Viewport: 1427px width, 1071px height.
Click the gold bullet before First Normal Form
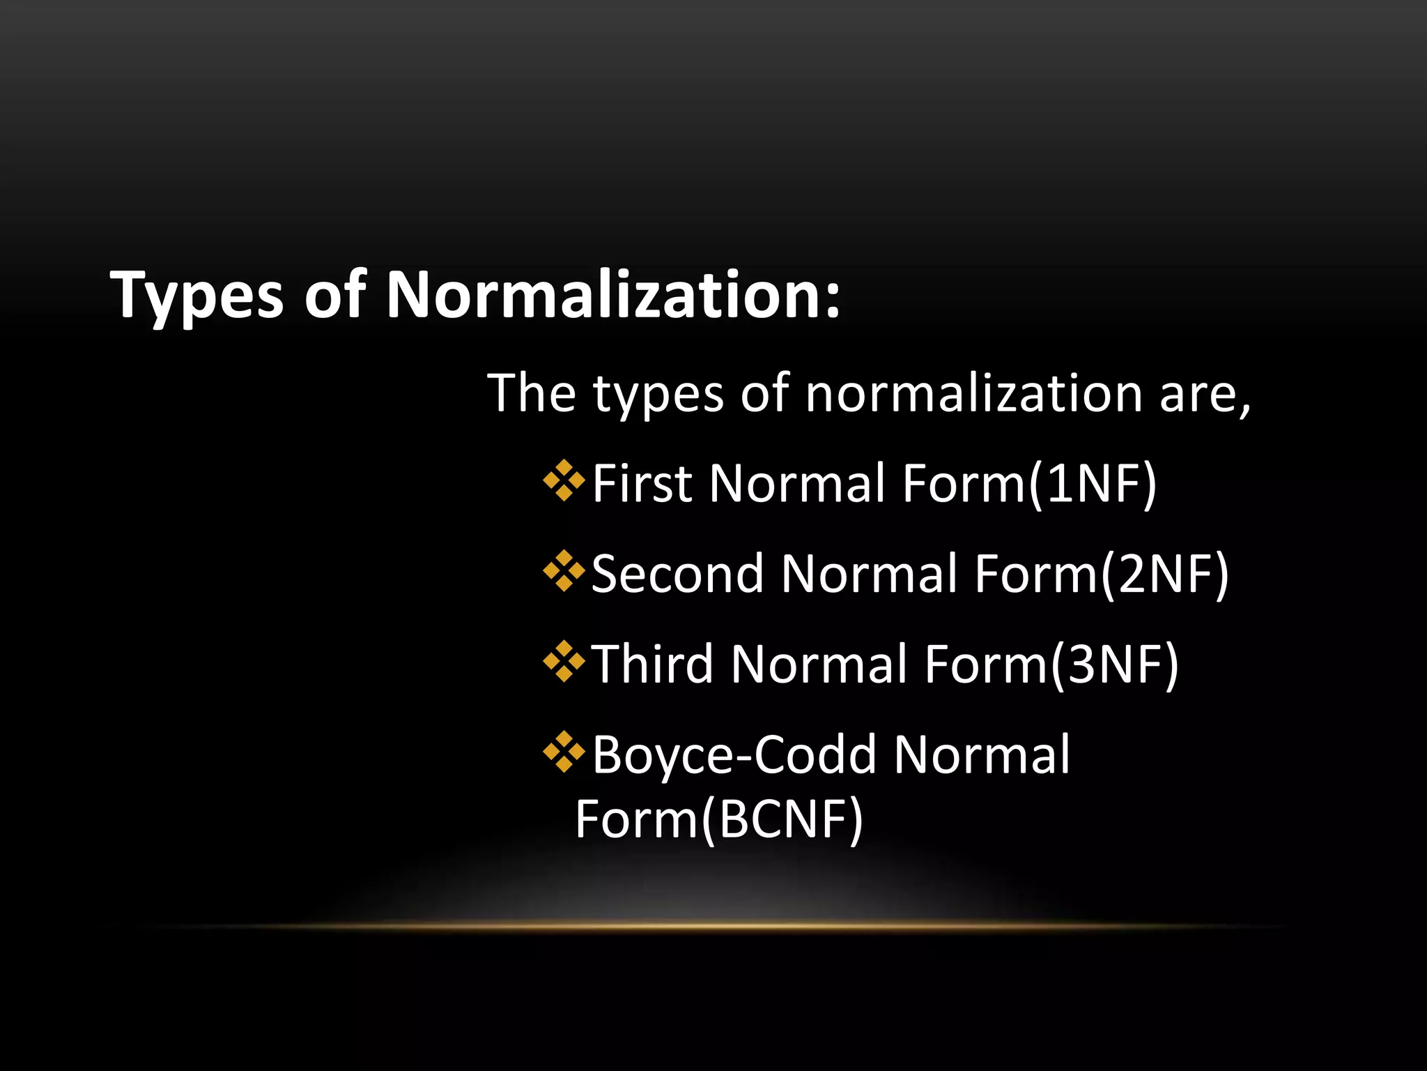(x=564, y=481)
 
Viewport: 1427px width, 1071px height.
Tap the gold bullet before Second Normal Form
(x=564, y=572)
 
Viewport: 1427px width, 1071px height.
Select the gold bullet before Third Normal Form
(x=564, y=662)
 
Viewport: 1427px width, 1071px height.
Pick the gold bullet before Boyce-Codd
(x=564, y=752)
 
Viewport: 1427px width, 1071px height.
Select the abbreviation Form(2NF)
(x=1101, y=575)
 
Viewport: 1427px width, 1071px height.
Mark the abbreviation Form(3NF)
(x=1051, y=664)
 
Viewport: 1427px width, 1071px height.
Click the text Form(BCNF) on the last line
(x=719, y=819)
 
